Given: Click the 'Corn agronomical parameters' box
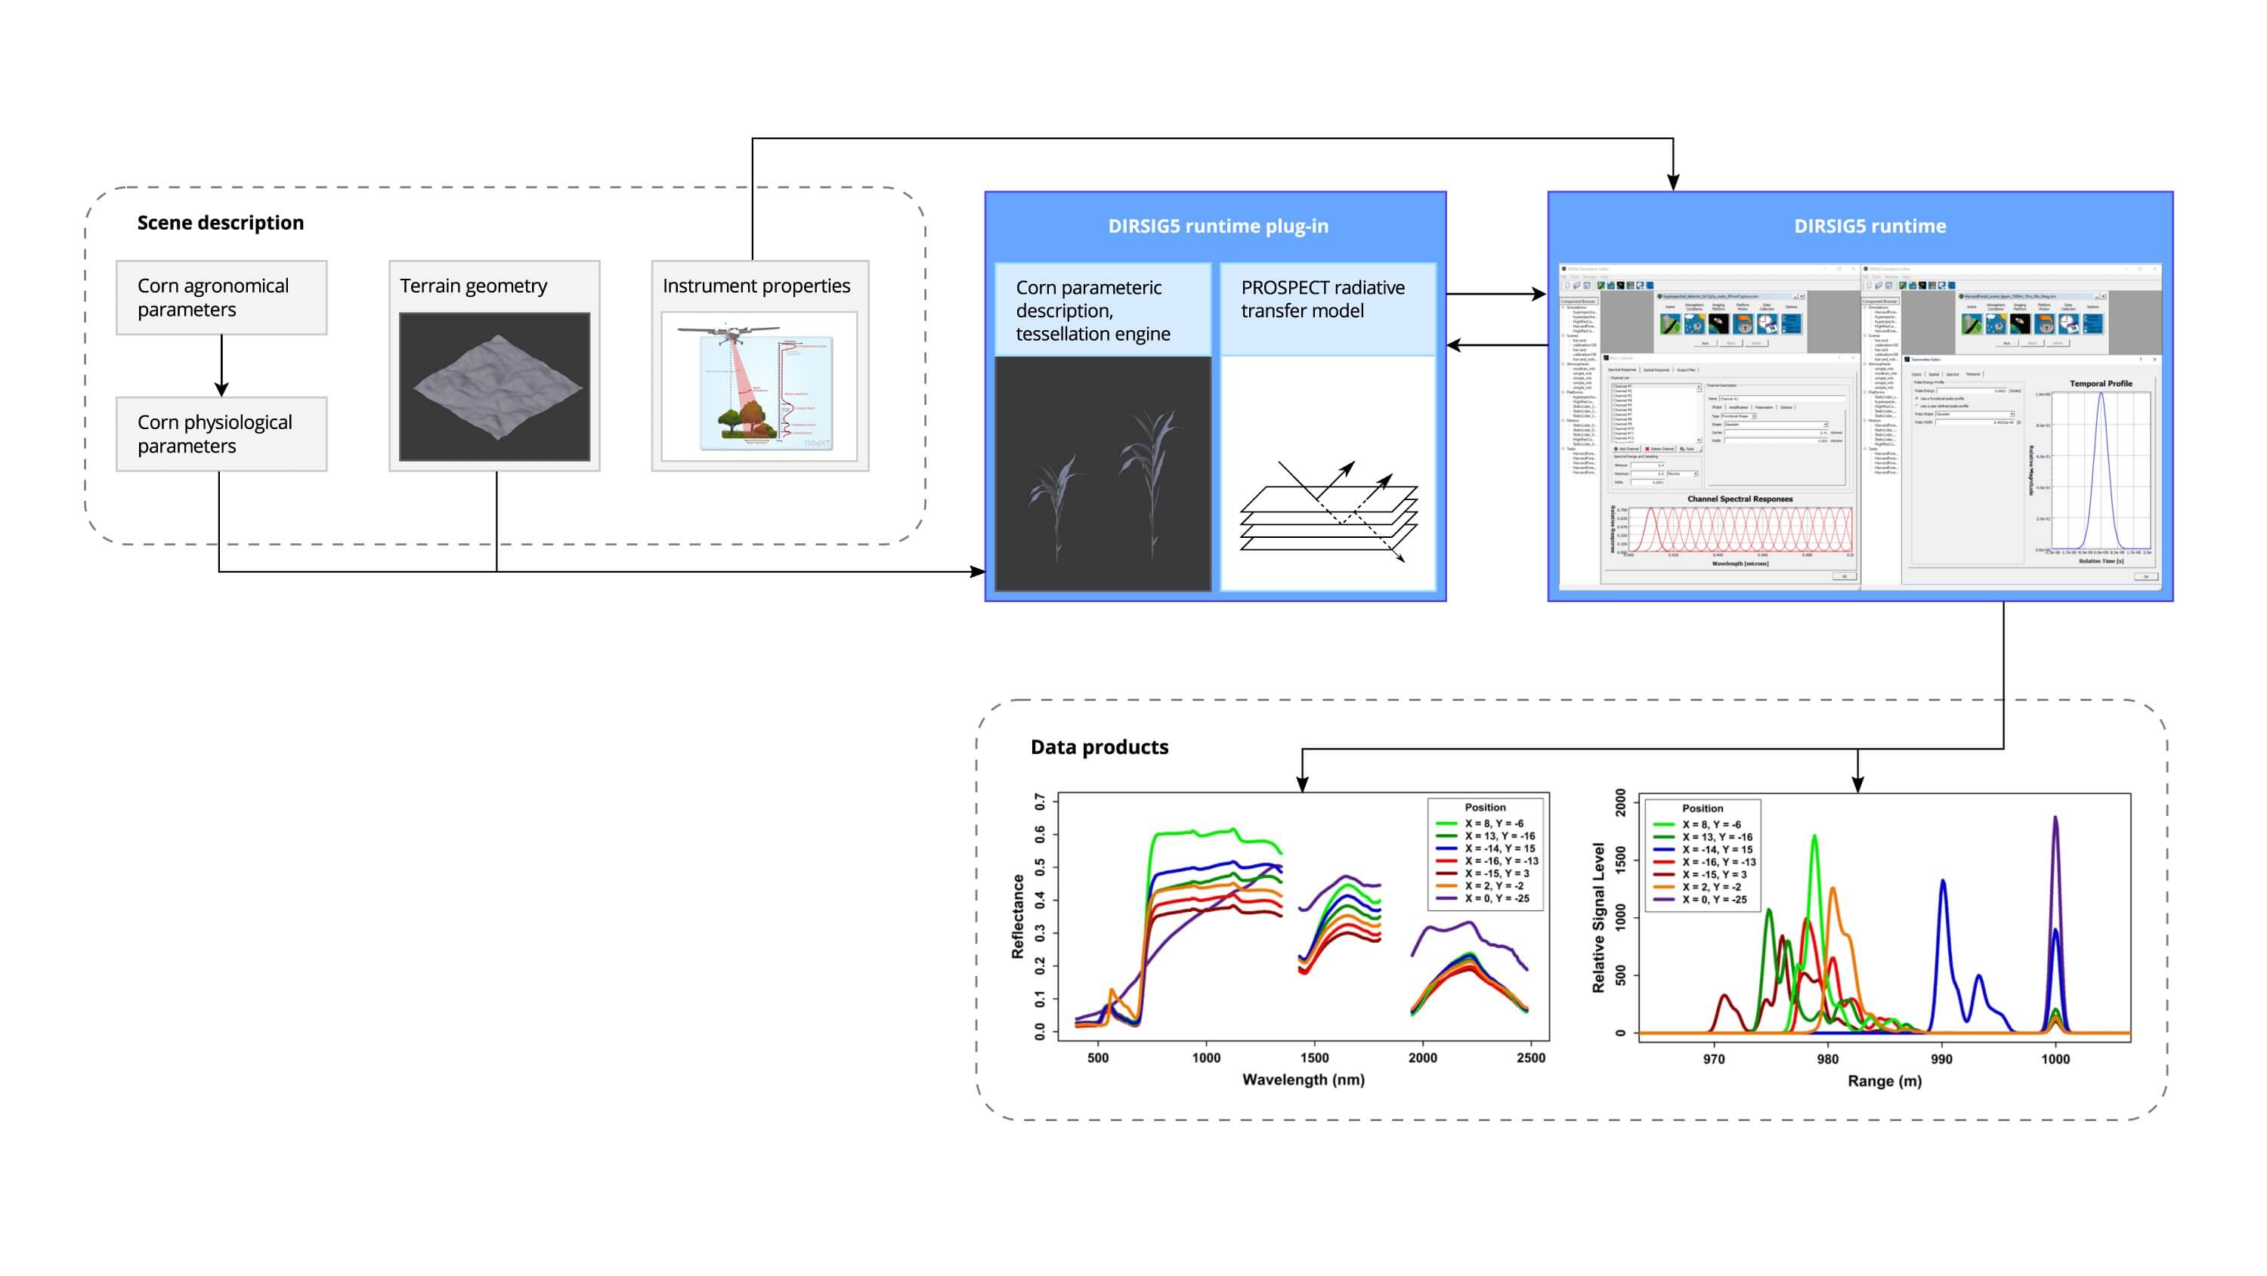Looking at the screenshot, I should [x=221, y=298].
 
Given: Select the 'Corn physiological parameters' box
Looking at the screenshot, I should [x=221, y=434].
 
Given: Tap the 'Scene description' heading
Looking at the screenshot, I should [x=220, y=223].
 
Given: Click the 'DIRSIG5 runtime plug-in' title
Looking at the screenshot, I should [x=1217, y=226].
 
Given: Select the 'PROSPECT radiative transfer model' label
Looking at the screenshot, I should [x=1322, y=299].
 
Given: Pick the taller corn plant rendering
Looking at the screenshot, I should [x=1151, y=475].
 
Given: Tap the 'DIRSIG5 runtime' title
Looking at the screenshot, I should [x=1870, y=226].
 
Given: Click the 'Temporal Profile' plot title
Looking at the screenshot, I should [x=2100, y=384].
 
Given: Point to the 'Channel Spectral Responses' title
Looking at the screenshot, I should [x=1739, y=499].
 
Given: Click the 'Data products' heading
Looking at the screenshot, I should [x=1099, y=747].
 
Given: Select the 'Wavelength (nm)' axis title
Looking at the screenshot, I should [x=1303, y=1080].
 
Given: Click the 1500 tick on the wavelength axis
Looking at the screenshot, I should [x=1314, y=1058].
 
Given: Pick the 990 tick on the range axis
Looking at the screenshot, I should [x=1941, y=1058].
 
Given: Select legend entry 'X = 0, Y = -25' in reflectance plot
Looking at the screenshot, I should [x=1496, y=898].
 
